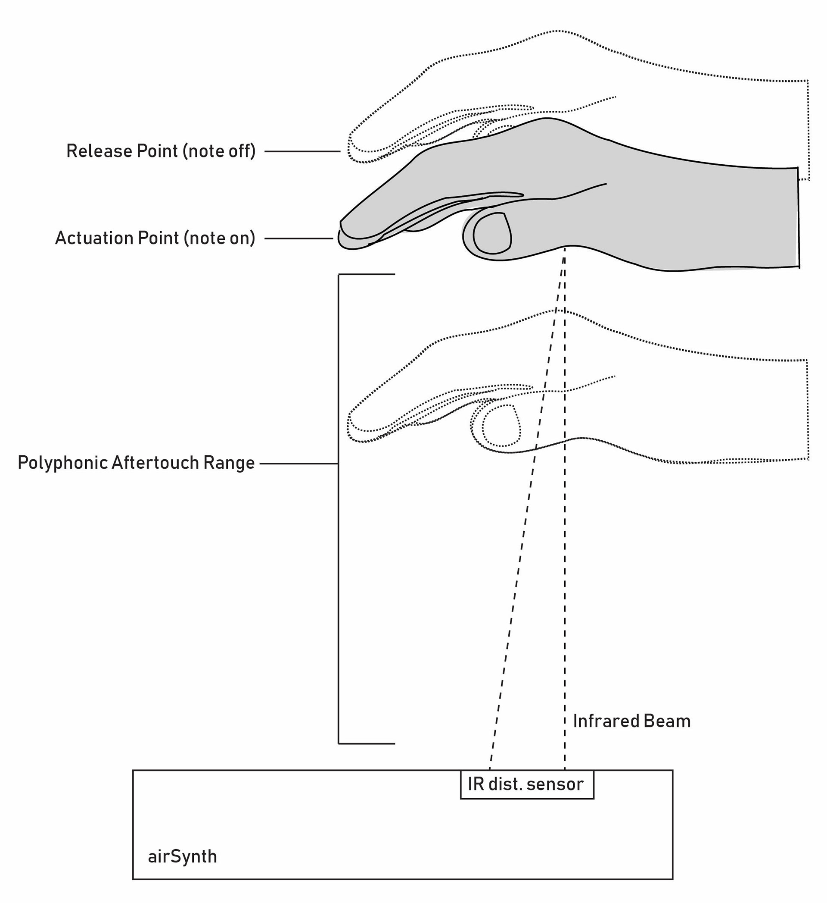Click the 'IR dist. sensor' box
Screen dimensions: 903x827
click(x=527, y=784)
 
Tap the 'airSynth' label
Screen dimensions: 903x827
click(x=182, y=856)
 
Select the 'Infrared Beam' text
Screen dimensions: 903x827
click(x=631, y=721)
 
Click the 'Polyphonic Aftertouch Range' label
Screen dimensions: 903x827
click(x=136, y=463)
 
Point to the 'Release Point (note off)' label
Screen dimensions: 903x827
click(x=161, y=151)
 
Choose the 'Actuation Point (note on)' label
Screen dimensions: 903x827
click(x=155, y=238)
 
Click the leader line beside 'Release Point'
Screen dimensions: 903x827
click(x=302, y=151)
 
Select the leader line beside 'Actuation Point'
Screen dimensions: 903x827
click(x=298, y=238)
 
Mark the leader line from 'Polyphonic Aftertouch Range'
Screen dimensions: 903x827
click(x=298, y=464)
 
